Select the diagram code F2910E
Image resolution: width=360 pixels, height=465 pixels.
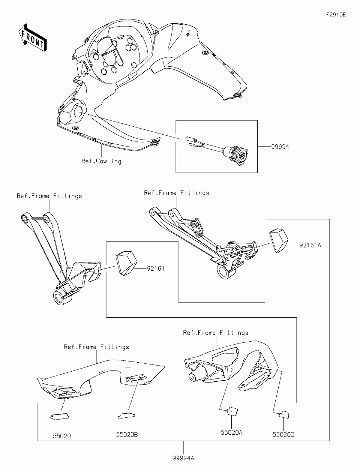click(x=335, y=15)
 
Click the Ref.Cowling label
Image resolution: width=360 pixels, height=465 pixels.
click(x=101, y=161)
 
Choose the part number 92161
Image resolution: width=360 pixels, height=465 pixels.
click(x=156, y=268)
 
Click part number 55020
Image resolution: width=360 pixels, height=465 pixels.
click(x=61, y=436)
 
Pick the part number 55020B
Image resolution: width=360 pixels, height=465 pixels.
click(x=127, y=435)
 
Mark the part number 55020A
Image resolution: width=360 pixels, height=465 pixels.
click(x=231, y=432)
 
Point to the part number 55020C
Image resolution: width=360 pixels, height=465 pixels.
click(x=283, y=435)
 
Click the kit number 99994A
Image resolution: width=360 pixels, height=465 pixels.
click(x=183, y=458)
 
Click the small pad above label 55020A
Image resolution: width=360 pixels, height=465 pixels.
click(x=232, y=411)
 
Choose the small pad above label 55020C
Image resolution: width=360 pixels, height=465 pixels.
click(x=285, y=414)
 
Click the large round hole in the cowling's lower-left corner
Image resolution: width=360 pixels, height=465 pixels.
click(x=80, y=111)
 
